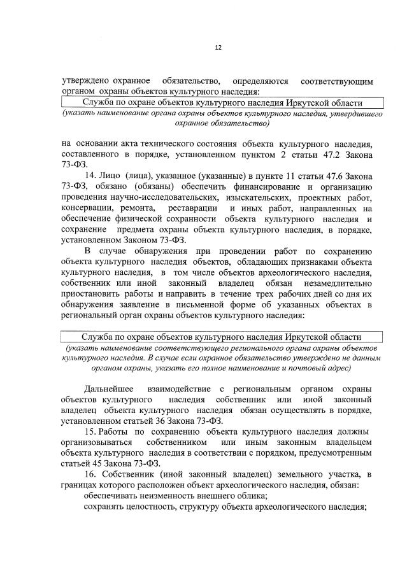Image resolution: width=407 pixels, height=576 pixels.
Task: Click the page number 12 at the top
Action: pyautogui.click(x=218, y=48)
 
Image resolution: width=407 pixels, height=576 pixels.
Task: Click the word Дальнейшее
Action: pyautogui.click(x=109, y=389)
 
